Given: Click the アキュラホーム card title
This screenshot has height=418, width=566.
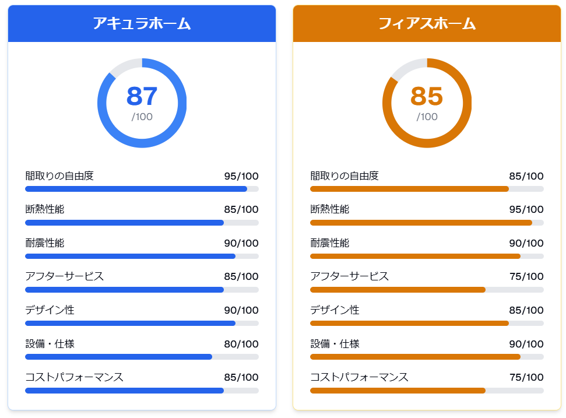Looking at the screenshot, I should coord(142,23).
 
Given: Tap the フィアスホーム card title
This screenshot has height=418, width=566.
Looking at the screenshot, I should coord(427,23).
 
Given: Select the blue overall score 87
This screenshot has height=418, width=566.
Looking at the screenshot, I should coord(142,96).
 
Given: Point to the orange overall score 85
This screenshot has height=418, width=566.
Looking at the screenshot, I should coord(427,96).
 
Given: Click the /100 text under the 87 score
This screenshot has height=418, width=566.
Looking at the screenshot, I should coord(142,117).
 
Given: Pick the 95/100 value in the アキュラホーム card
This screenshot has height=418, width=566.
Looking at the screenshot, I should coord(241,176).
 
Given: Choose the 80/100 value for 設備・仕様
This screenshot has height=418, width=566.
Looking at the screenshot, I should coord(241,344).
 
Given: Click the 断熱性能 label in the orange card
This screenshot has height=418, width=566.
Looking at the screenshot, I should coord(330,209).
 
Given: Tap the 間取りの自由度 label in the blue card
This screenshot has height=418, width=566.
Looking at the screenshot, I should coord(59,176).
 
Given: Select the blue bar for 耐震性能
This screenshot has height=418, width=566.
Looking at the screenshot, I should coord(130,256).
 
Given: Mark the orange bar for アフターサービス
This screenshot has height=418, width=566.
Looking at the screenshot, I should coord(398,290).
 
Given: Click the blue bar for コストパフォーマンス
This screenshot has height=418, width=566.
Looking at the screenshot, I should coord(124,391).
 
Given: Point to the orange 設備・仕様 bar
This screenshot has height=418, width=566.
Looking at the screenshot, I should coord(415,357).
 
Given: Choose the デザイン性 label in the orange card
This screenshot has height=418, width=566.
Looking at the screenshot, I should coord(335,310).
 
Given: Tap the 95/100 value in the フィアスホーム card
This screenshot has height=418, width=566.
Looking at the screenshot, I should coord(526,209).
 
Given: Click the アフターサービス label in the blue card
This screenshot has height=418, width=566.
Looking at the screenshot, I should coord(65,276).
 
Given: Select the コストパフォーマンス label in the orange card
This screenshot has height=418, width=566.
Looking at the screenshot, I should coord(359,377).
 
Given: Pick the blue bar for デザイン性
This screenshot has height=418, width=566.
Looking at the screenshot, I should coord(130,323).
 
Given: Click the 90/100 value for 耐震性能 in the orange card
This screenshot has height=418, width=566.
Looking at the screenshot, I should coord(526,243).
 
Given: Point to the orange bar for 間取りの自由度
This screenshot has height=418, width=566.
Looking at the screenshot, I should coord(409,189).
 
